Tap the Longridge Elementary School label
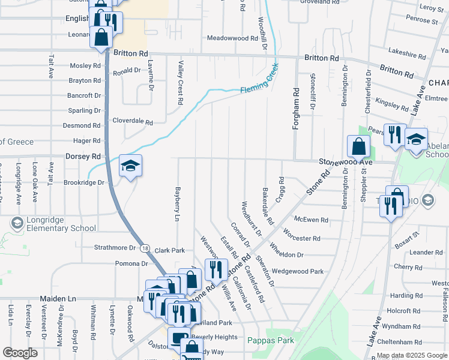pos(53,223)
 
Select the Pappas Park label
pos(271,340)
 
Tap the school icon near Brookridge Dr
pos(130,166)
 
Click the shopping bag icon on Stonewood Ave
pos(358,146)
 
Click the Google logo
pos(20,353)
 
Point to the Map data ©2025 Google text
pos(412,356)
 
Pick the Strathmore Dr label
pos(115,248)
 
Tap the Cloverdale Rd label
pos(133,121)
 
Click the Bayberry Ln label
pos(178,204)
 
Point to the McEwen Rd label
pos(312,220)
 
